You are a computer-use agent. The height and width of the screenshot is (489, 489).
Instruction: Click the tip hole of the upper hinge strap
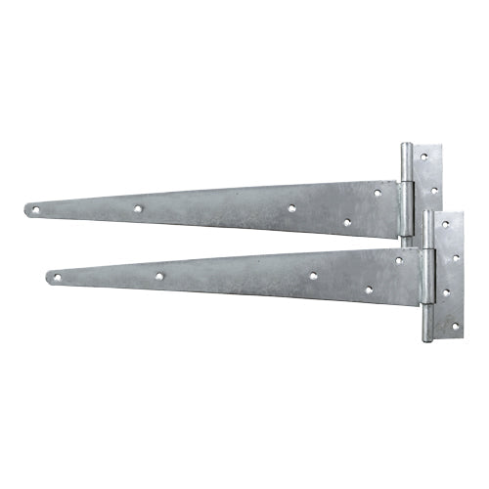click(35, 209)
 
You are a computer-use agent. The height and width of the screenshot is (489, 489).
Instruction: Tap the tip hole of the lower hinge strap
click(57, 278)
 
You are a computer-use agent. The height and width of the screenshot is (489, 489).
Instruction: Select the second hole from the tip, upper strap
click(139, 208)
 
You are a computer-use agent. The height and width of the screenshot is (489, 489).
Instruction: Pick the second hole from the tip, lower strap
click(159, 276)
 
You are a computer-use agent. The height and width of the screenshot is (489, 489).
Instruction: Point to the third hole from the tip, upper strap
click(291, 208)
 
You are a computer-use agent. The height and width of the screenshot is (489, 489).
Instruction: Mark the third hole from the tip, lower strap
click(313, 276)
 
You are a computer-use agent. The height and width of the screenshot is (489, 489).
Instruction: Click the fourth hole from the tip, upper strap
click(345, 222)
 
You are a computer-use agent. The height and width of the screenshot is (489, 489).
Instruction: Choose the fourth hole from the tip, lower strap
click(368, 289)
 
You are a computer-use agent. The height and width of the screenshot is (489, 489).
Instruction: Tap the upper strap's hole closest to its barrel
click(377, 194)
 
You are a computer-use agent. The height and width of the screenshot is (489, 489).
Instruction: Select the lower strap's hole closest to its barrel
click(398, 260)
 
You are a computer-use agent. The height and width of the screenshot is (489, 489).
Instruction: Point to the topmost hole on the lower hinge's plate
click(445, 224)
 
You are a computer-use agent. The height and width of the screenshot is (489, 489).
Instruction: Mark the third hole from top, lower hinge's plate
click(445, 291)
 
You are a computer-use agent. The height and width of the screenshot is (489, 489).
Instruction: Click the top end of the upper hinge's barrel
click(405, 147)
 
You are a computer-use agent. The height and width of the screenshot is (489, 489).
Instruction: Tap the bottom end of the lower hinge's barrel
click(428, 338)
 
